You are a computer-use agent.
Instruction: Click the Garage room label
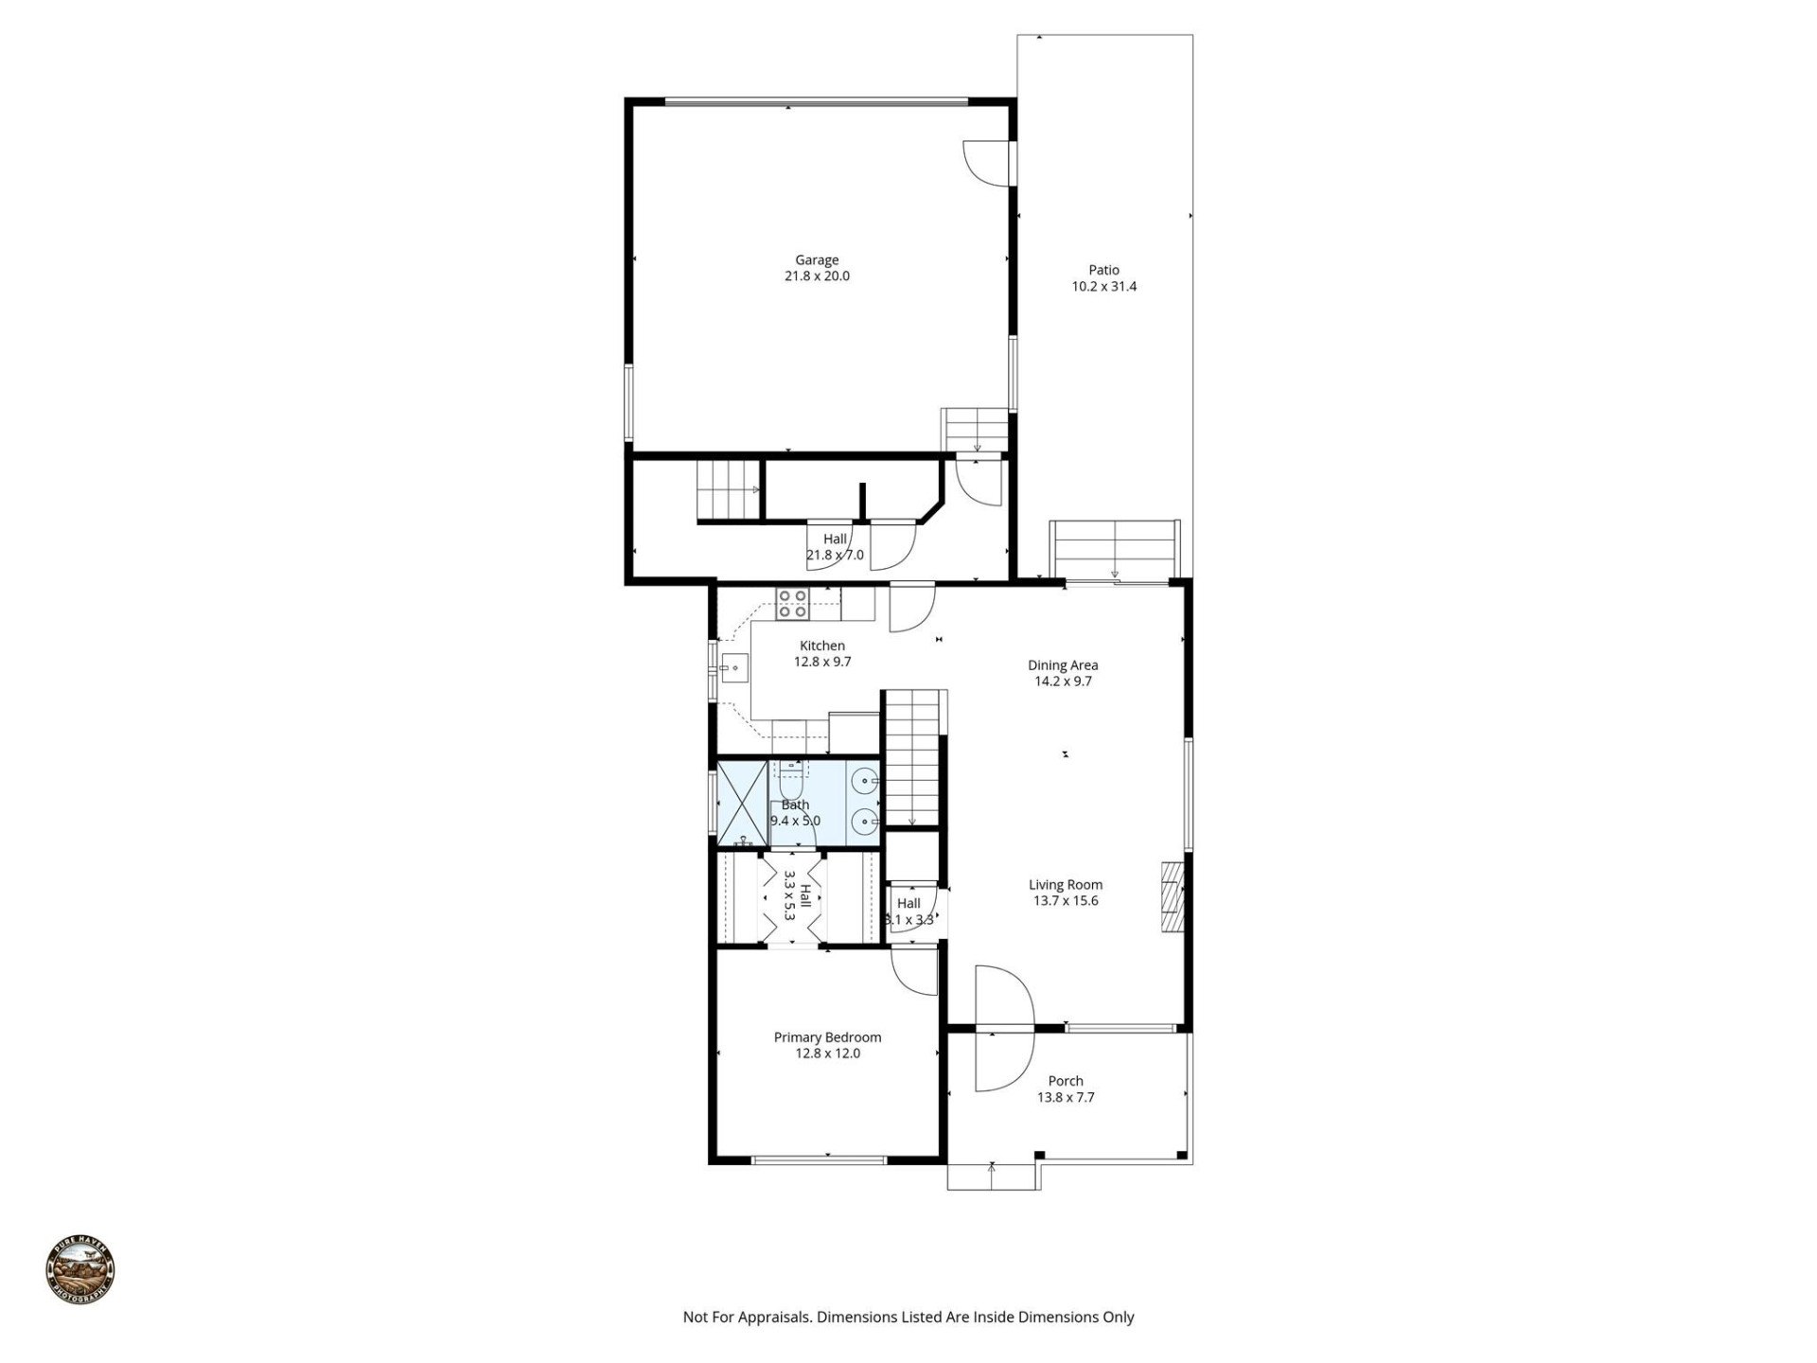(x=816, y=259)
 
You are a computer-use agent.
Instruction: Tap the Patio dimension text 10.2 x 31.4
(x=1103, y=287)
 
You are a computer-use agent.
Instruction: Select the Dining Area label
(x=1063, y=665)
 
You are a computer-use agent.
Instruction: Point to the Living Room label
(x=1066, y=885)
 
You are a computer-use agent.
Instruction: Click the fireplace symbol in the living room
(x=1173, y=897)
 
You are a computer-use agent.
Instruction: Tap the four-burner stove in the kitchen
(x=792, y=604)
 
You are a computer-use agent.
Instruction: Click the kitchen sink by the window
(x=733, y=668)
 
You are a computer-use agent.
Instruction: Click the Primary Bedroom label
(x=827, y=1037)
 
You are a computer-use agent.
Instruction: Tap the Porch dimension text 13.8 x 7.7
(x=1066, y=1098)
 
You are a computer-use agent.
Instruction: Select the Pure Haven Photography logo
(x=80, y=1270)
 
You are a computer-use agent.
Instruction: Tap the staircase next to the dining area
(x=914, y=757)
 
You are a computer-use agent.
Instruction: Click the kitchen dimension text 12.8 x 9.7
(x=821, y=663)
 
